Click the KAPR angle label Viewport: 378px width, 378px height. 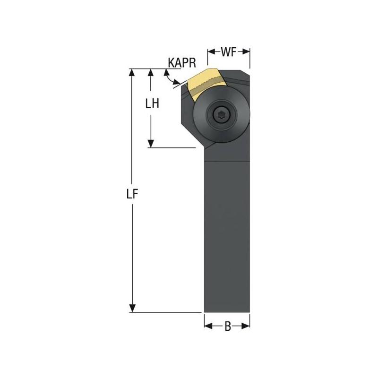(x=182, y=62)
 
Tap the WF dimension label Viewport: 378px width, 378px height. (x=229, y=52)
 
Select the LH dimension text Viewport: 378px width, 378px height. (x=152, y=103)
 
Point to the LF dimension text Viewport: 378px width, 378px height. (x=133, y=194)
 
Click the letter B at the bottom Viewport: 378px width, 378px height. (x=227, y=326)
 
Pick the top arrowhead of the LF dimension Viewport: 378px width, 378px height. (x=132, y=72)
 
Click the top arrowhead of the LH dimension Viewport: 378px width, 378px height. (x=151, y=72)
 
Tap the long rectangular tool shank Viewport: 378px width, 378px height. (x=227, y=236)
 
